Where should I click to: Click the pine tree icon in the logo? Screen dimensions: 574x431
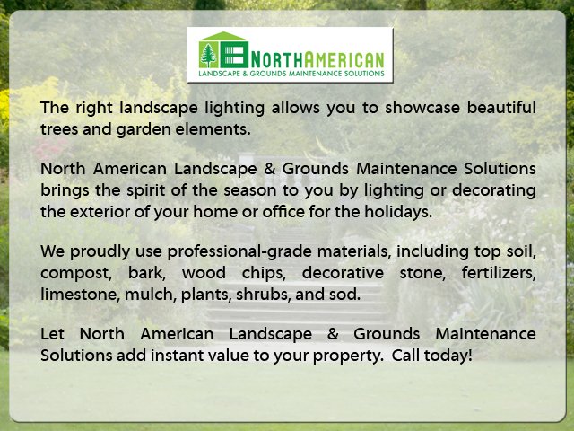209,56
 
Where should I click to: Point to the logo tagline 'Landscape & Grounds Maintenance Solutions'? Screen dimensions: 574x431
291,74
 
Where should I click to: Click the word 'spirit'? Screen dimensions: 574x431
145,191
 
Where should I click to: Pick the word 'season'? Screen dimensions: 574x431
249,191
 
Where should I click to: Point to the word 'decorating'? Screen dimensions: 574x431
494,191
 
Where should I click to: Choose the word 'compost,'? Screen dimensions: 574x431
76,274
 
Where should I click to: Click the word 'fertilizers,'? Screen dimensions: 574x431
499,273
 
